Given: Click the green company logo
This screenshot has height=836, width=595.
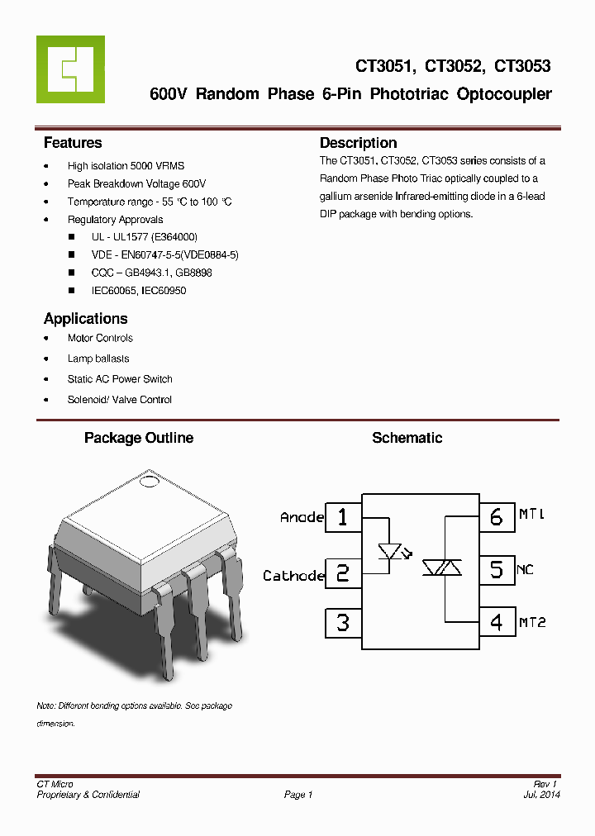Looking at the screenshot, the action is click(x=70, y=69).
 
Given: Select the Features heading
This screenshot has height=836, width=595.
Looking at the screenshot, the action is click(x=73, y=143).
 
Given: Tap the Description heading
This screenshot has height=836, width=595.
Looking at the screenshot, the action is click(x=358, y=143).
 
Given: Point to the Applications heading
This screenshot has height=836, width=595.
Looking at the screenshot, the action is click(x=85, y=319).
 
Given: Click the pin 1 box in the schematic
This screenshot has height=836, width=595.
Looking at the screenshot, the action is click(x=343, y=517).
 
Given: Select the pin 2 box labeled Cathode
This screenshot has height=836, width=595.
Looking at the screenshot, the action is click(x=343, y=573).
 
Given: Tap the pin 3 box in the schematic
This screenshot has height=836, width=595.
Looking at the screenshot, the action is click(x=343, y=622).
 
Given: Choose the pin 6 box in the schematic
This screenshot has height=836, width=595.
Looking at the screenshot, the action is click(x=496, y=517).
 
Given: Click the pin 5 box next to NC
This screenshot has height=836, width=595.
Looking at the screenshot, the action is click(x=496, y=569).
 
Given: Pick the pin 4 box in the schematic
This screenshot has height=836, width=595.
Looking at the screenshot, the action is click(x=496, y=622).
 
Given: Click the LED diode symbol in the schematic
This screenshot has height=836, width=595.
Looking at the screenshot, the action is click(x=389, y=551).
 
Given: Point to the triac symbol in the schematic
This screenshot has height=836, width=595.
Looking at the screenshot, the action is click(x=442, y=568).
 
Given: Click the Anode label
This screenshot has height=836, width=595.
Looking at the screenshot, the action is click(x=302, y=517).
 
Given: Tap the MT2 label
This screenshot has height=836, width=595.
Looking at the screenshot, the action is click(x=532, y=622).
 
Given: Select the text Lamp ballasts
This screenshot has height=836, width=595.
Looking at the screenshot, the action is click(x=98, y=359).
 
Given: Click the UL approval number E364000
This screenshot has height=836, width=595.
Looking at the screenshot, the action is click(x=174, y=237).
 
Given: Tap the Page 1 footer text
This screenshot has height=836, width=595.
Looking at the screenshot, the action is click(x=298, y=795).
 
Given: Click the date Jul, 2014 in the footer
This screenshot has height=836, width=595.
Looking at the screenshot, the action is click(x=541, y=795).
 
